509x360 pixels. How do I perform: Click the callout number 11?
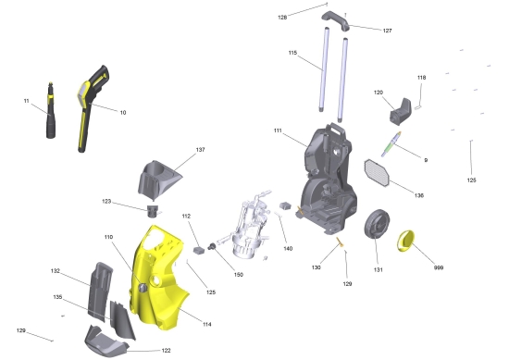pyautogui.click(x=26, y=101)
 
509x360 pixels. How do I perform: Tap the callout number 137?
pyautogui.click(x=200, y=150)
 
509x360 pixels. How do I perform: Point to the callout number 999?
pyautogui.click(x=439, y=267)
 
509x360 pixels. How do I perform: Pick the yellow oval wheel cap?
pyautogui.click(x=405, y=241)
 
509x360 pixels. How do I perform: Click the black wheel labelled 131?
pyautogui.click(x=377, y=224)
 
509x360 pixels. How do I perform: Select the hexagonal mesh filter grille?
pyautogui.click(x=377, y=173)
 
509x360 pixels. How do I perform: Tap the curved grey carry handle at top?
pyautogui.click(x=335, y=20)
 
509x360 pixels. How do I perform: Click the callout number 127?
pyautogui.click(x=387, y=31)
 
